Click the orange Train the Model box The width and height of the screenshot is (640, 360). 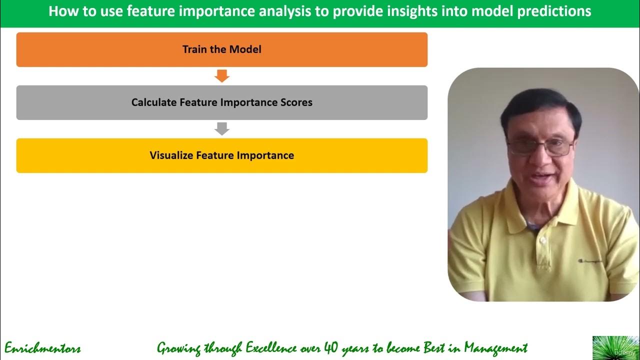pos(221,49)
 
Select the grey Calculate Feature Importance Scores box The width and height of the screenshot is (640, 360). pos(221,102)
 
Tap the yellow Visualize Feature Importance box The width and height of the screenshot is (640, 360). pos(221,155)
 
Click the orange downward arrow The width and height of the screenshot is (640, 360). pos(221,76)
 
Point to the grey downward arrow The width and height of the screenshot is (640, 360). pos(221,129)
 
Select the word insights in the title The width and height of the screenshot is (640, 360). pos(421,11)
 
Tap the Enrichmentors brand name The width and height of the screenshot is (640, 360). pos(42,348)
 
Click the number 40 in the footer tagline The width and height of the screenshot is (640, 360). pos(331,347)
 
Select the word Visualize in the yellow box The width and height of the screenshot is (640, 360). pos(171,155)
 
